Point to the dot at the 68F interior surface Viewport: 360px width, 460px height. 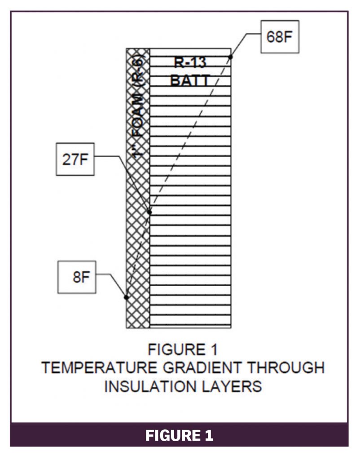pyautogui.click(x=231, y=57)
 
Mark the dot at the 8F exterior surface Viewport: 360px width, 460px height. pyautogui.click(x=127, y=297)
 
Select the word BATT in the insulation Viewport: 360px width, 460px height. pyautogui.click(x=190, y=81)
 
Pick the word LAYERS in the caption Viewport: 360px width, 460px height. pyautogui.click(x=233, y=386)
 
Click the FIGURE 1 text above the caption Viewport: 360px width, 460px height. pyautogui.click(x=183, y=349)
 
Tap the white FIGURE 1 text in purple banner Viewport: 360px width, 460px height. pyautogui.click(x=180, y=435)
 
